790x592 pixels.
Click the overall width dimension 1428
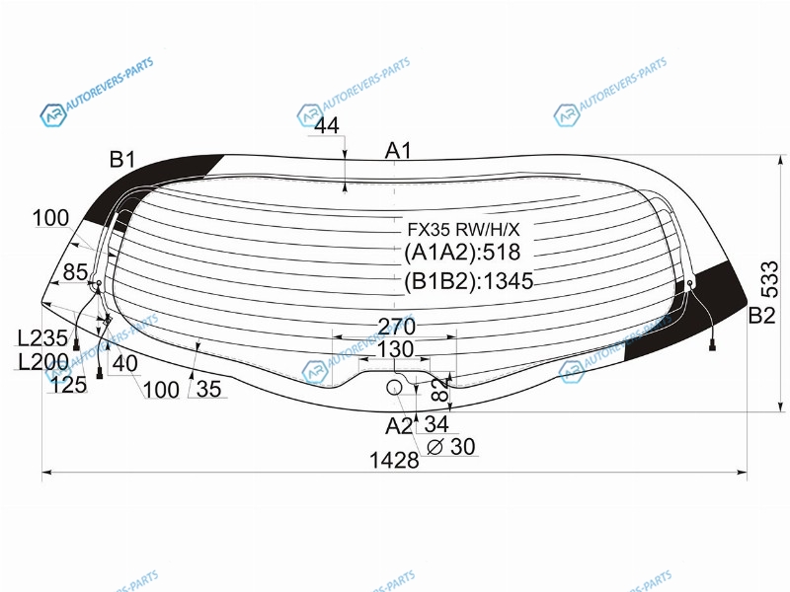[x=394, y=460]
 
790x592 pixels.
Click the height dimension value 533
[x=769, y=279]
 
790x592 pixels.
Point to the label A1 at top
[x=398, y=151]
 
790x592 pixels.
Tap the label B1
[x=122, y=160]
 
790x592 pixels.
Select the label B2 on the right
[x=761, y=315]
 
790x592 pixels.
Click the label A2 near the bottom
[x=399, y=426]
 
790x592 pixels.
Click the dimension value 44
[x=327, y=126]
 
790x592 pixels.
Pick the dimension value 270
[x=397, y=327]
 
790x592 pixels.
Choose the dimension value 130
[x=396, y=349]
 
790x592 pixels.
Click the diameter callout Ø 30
[x=451, y=447]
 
